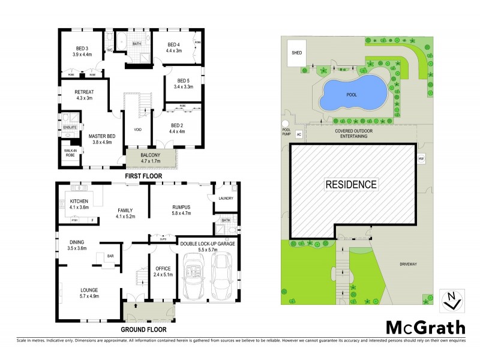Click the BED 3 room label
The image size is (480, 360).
82,48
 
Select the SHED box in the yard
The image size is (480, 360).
296,53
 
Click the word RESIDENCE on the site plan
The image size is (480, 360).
352,184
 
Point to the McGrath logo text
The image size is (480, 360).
425,327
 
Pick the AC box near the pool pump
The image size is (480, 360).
298,134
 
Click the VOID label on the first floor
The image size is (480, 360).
137,128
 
